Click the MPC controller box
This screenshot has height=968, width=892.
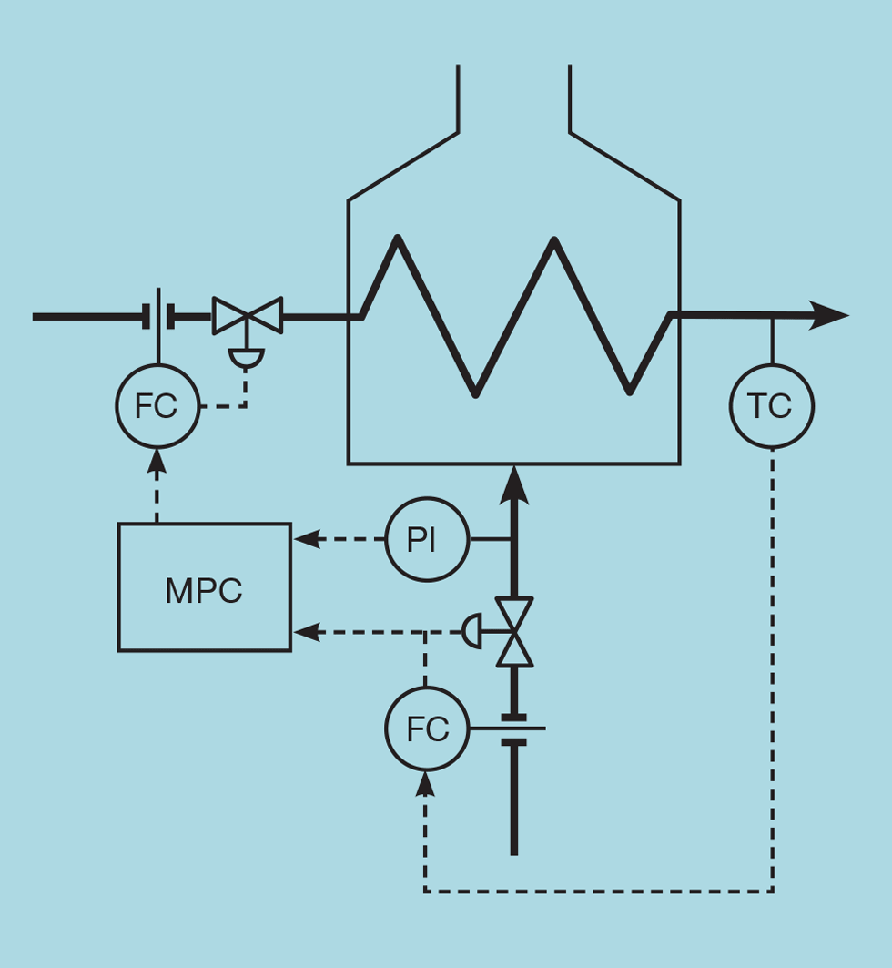tap(204, 587)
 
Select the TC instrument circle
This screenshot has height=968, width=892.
tap(772, 406)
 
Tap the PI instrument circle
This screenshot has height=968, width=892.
tap(427, 539)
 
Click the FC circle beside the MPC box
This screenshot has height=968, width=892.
tap(157, 406)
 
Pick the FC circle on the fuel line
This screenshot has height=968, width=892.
tap(427, 729)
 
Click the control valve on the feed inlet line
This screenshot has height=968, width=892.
tap(247, 316)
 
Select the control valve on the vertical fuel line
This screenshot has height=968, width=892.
tap(514, 632)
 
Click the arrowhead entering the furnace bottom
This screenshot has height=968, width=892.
tap(514, 483)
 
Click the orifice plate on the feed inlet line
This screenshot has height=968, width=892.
tap(159, 316)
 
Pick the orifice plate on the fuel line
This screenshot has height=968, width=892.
tap(514, 729)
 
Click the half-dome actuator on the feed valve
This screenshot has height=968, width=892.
tap(247, 358)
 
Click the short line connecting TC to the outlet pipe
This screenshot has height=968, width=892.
tap(772, 340)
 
